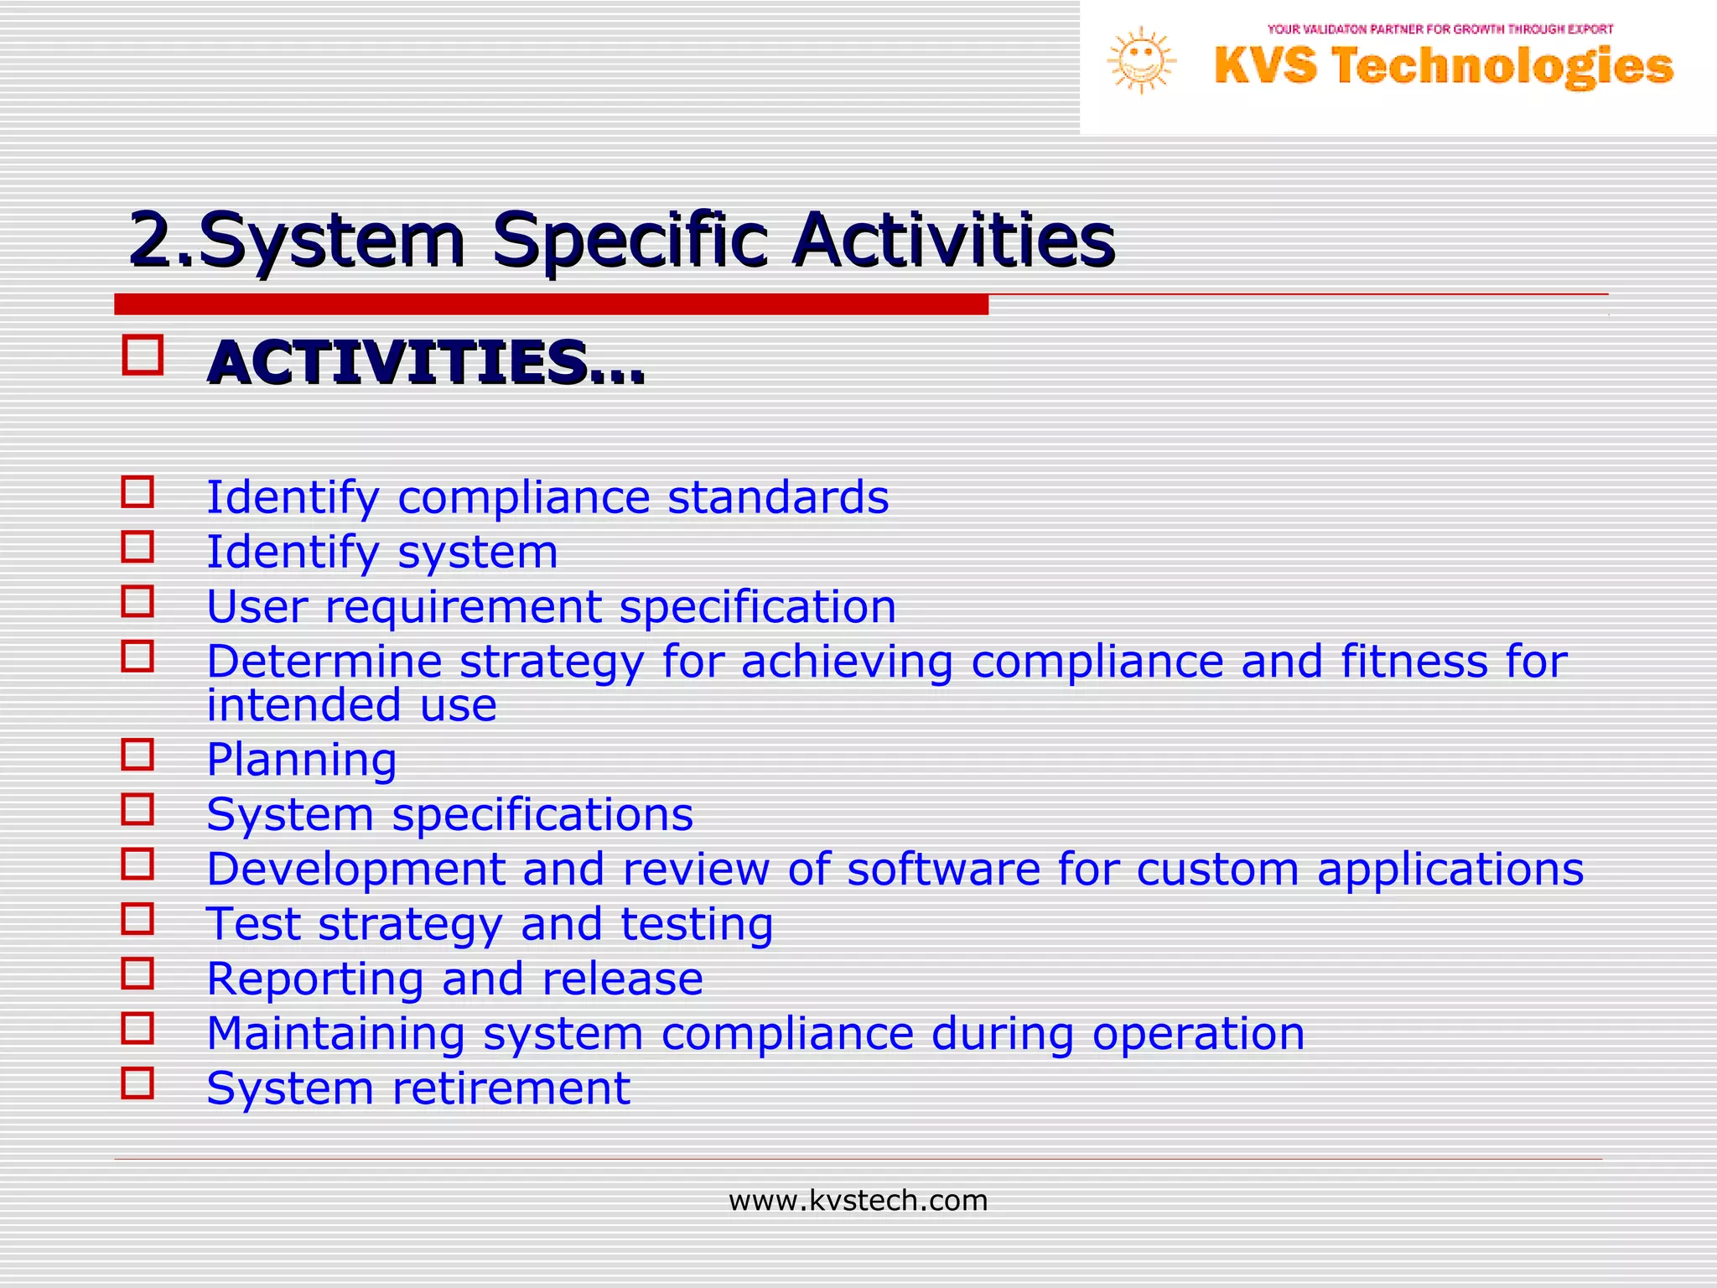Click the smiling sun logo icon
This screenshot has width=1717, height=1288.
(x=1140, y=60)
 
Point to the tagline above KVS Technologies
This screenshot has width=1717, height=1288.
(x=1439, y=29)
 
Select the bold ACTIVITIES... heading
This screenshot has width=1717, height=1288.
(x=426, y=364)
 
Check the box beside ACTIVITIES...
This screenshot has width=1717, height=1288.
(x=143, y=355)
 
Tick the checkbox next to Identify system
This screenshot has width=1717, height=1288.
(x=138, y=547)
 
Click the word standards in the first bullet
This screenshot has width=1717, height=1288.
(x=777, y=497)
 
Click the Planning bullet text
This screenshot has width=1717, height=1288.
(x=302, y=760)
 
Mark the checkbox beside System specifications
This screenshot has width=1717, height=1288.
(x=138, y=809)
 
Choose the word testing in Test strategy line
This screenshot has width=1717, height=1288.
(x=696, y=924)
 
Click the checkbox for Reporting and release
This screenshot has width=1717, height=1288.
(x=138, y=974)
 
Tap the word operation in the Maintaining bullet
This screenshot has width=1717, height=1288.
(x=1198, y=1033)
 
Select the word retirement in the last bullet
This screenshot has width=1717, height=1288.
(x=511, y=1088)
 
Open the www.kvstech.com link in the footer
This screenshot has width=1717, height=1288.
(x=858, y=1201)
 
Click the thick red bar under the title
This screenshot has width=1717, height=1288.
(x=551, y=304)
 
